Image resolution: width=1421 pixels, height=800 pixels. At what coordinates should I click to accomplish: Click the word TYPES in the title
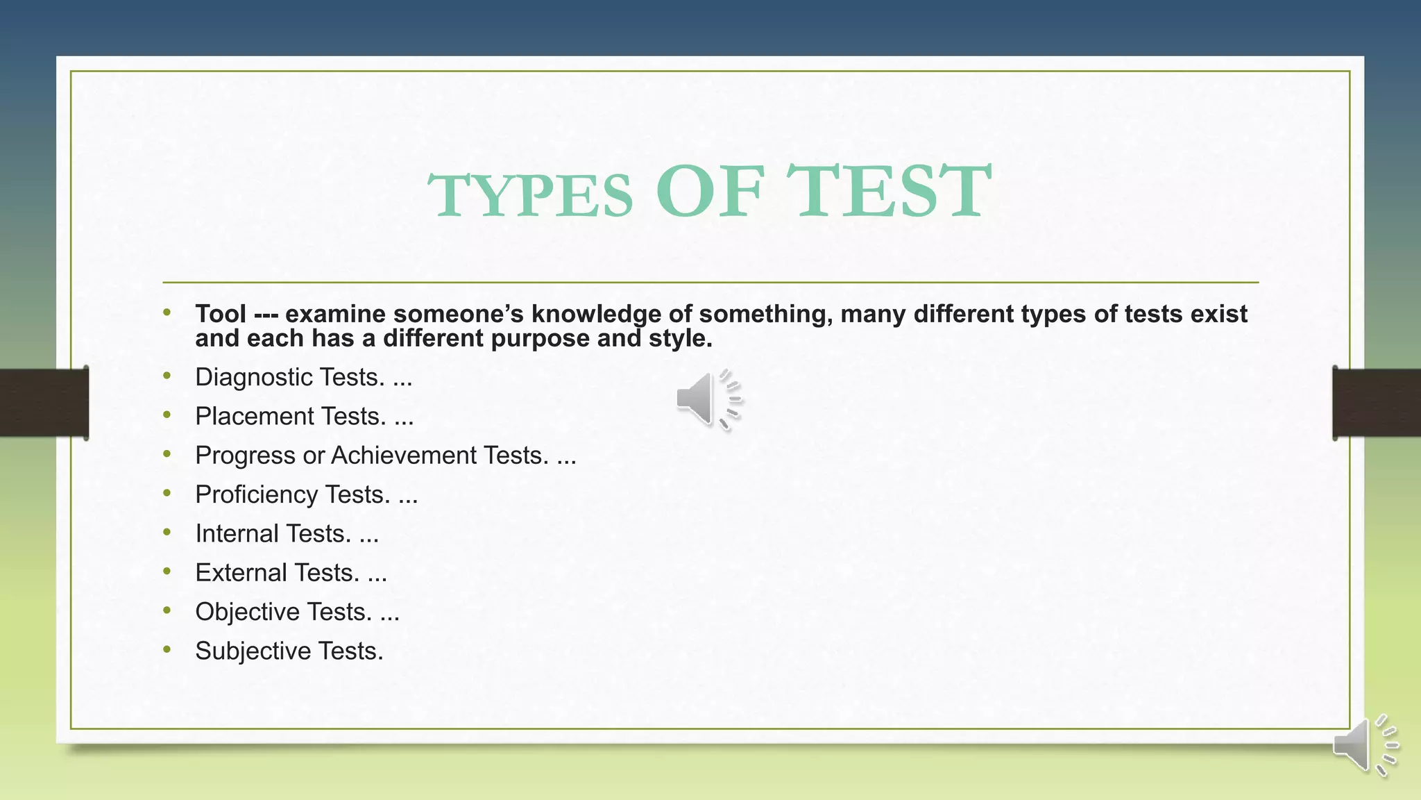click(531, 195)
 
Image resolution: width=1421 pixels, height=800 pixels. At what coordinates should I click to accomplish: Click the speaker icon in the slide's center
click(708, 399)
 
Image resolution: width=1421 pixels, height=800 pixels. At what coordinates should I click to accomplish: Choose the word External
click(241, 573)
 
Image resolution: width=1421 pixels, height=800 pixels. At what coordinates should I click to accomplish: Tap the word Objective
click(247, 612)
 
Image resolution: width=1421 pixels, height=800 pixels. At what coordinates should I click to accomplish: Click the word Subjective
click(253, 651)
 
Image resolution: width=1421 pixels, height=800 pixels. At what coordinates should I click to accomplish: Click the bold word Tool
click(221, 314)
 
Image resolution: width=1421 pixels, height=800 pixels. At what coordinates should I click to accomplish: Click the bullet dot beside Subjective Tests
click(167, 649)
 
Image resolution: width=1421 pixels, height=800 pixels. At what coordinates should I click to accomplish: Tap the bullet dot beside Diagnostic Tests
click(167, 376)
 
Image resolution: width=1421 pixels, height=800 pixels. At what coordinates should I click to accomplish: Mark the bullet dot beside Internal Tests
click(167, 532)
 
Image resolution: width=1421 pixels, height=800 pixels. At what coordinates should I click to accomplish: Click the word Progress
click(246, 456)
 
